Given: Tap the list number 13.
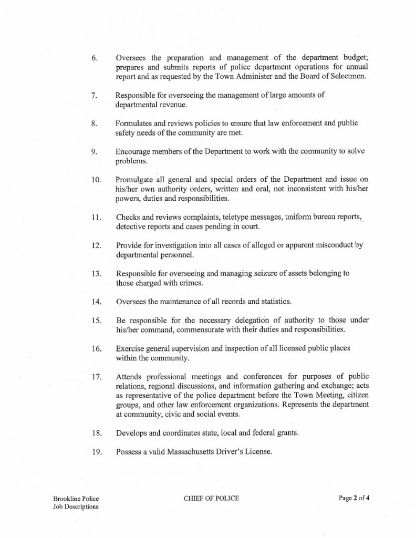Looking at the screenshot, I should point(96,274).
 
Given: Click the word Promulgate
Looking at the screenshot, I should point(137,179).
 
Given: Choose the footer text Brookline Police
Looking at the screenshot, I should point(76,498).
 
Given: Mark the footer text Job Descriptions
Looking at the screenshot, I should point(75,507).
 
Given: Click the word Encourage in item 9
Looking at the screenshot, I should point(135,151).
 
